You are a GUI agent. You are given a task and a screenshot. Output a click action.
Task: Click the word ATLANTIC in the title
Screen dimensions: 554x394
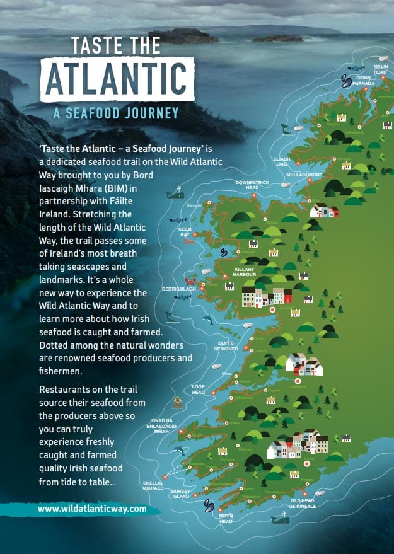point(117,78)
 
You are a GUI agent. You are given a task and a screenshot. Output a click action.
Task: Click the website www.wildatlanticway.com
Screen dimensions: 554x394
point(92,508)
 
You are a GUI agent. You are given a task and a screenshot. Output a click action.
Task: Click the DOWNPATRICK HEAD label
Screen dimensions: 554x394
point(247,185)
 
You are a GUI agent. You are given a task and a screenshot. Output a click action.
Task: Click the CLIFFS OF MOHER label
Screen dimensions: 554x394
point(226,346)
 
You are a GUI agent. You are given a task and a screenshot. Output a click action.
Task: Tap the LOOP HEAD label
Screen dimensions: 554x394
point(199,389)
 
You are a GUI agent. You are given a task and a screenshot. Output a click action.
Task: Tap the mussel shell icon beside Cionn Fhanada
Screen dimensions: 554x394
point(345,80)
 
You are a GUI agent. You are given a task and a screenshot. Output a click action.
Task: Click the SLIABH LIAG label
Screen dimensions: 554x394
point(281,161)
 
